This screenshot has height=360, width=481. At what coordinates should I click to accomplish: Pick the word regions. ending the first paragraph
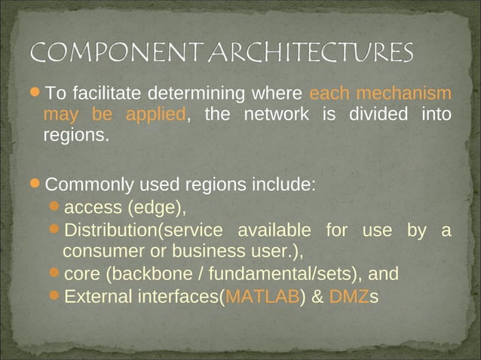click(x=76, y=136)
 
